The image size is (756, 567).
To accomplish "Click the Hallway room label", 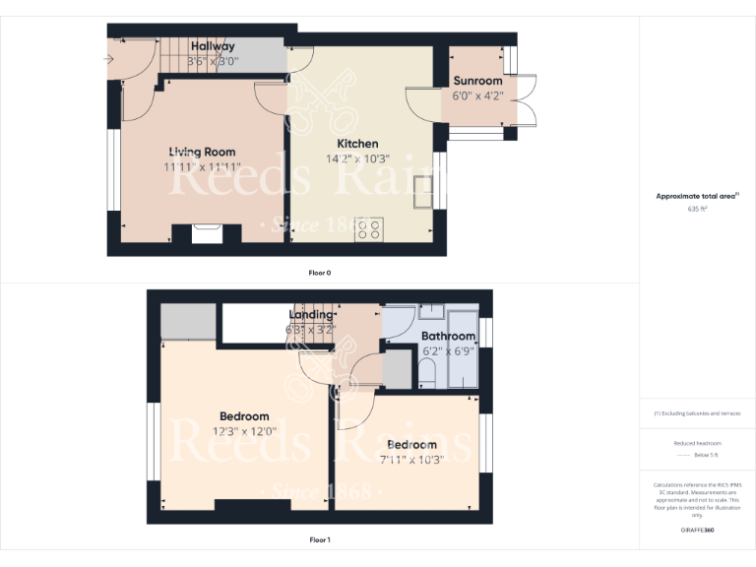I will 213,46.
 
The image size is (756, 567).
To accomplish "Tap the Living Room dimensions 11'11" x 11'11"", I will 202,166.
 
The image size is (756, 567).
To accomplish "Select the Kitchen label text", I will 357,144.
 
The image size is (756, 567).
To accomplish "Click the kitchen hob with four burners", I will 369,229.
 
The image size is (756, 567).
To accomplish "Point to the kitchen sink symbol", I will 423,193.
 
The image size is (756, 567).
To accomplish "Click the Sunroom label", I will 477,81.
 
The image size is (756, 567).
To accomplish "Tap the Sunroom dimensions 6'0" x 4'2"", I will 477,95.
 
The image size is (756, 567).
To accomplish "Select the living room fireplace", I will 208,233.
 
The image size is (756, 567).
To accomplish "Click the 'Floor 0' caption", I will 319,272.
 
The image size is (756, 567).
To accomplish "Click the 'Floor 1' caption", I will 319,539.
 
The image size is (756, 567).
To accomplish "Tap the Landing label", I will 311,315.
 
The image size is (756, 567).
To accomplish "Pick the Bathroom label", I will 448,336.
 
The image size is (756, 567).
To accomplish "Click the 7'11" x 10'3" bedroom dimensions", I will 410,458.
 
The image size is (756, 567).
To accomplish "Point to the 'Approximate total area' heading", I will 697,196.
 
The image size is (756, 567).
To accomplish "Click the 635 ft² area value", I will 697,209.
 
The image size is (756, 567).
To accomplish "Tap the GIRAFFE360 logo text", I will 697,531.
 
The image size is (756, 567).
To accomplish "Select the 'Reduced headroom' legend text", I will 697,443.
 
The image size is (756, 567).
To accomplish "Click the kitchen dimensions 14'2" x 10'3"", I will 357,158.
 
